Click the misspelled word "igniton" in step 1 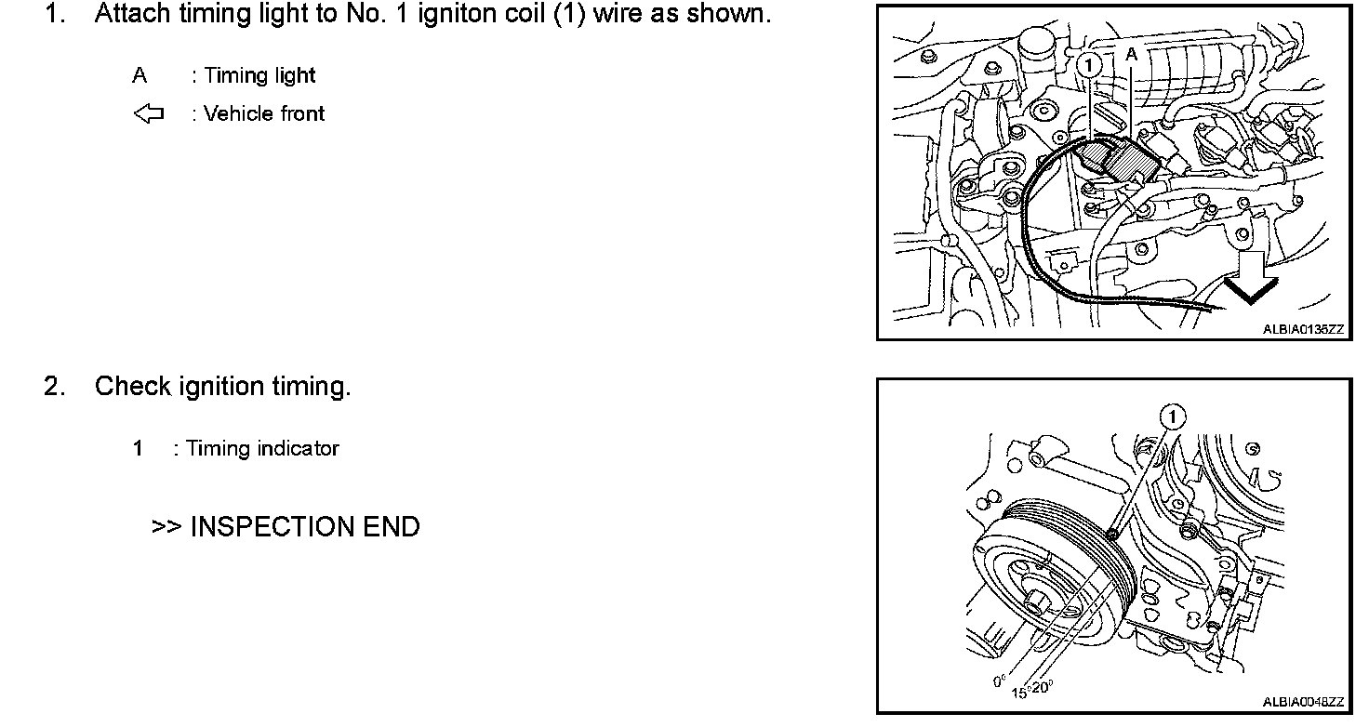click(x=443, y=15)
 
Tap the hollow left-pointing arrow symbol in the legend click(x=148, y=114)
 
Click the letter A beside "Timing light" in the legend click(x=140, y=76)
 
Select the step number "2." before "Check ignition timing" click(x=55, y=387)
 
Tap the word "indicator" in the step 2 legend click(x=298, y=449)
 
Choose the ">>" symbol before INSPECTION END click(x=166, y=527)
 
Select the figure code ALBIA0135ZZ click(x=1303, y=328)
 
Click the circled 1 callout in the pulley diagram click(x=1174, y=418)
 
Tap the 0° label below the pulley click(x=1000, y=681)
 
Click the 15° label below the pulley click(x=1020, y=692)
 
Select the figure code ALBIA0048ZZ click(x=1303, y=702)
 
